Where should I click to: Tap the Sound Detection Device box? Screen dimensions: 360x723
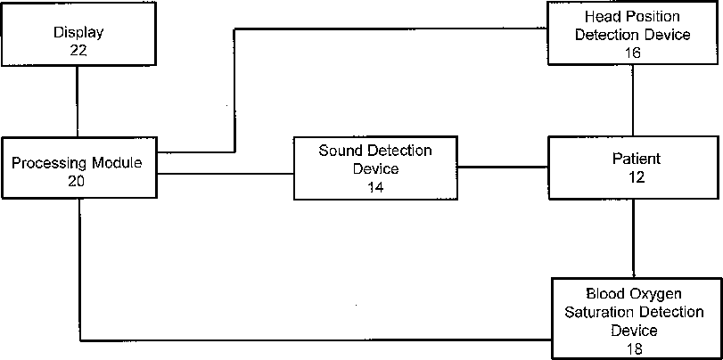coord(374,168)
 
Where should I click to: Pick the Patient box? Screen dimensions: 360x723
coord(634,168)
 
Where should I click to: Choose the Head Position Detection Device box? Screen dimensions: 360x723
coord(634,34)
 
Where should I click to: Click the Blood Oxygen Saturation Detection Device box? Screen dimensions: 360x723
coord(634,318)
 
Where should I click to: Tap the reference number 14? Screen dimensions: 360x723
coord(374,187)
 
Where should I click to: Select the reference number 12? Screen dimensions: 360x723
coord(634,177)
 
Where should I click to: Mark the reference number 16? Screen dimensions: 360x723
coord(634,53)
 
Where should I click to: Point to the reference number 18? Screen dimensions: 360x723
coord(634,348)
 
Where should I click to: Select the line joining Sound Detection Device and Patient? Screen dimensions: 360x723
coord(502,166)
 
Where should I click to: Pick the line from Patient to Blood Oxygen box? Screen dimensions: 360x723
coord(634,238)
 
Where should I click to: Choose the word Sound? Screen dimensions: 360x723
coord(339,150)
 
